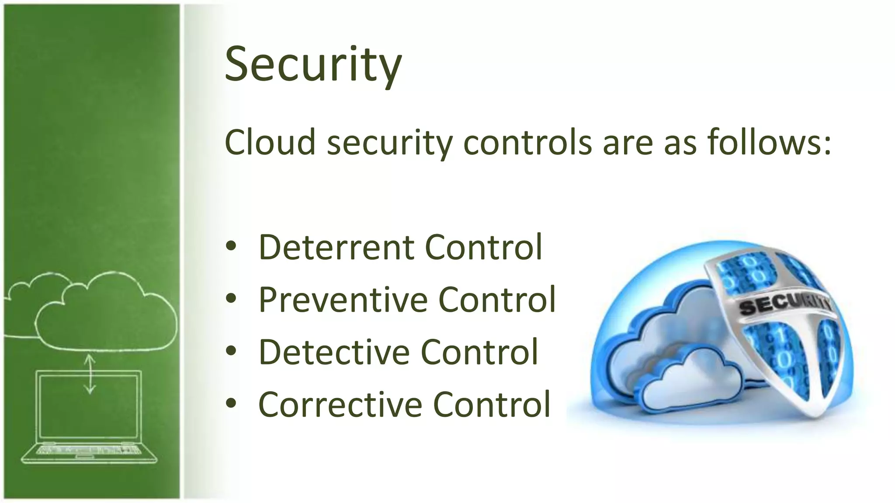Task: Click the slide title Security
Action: tap(313, 65)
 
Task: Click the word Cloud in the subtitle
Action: tap(270, 142)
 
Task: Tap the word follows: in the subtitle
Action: tap(769, 142)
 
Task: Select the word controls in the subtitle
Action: tap(527, 142)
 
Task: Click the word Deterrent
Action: tap(336, 247)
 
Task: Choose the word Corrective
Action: tap(340, 404)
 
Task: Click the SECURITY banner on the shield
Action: tap(784, 306)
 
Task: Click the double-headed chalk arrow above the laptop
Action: tap(90, 374)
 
